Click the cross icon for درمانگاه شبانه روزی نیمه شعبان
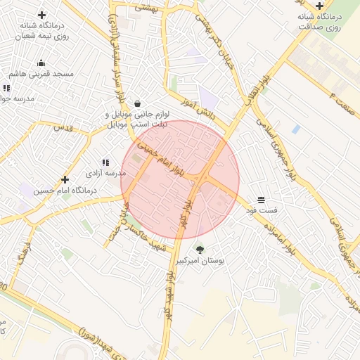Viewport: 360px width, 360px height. point(41,15)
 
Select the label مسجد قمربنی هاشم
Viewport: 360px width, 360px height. point(41,73)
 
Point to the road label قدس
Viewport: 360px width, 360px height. point(64,128)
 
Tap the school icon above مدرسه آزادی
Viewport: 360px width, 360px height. point(105,162)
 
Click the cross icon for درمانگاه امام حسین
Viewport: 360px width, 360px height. point(65,179)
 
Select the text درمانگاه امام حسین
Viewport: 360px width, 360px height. point(65,190)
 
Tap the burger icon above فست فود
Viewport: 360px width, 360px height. point(261,200)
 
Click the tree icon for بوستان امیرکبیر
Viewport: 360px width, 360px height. point(200,249)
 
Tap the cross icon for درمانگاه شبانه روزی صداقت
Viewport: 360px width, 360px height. point(319,6)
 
